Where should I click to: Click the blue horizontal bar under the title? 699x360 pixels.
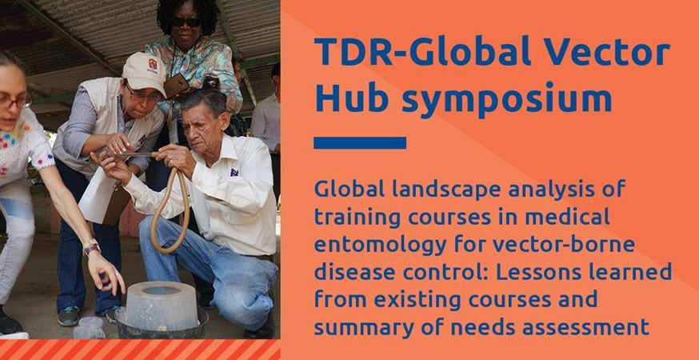coord(360,143)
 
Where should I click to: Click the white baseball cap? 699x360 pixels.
coord(145,73)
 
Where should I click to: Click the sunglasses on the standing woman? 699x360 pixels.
coord(187,22)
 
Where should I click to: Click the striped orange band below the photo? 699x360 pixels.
coord(140,349)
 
